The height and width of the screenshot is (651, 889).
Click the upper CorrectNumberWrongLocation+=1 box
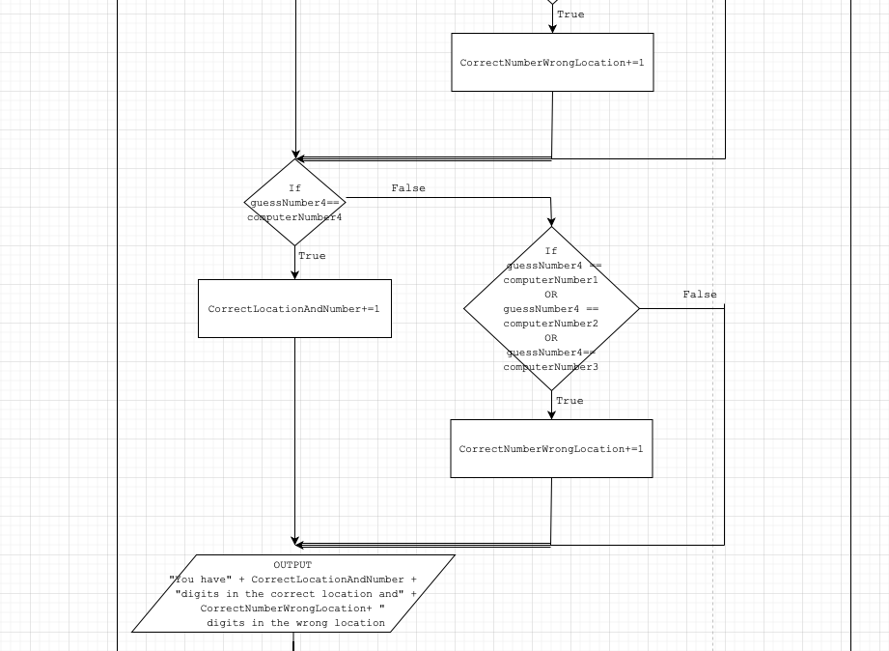(x=552, y=63)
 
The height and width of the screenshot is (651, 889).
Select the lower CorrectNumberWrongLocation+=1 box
(x=551, y=449)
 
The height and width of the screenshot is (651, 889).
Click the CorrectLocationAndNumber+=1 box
(x=294, y=309)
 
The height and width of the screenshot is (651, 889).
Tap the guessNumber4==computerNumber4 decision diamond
(x=294, y=203)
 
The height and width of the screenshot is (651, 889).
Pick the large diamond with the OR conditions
(x=551, y=309)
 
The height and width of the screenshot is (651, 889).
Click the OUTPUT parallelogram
(x=293, y=594)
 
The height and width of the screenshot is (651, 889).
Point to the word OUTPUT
(x=292, y=565)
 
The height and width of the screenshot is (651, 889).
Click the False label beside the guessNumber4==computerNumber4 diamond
(x=408, y=188)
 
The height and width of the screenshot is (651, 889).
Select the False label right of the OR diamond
(x=700, y=295)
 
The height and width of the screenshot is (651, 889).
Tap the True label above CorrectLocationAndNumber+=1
(x=312, y=256)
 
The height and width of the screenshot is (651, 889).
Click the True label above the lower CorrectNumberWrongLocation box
(x=570, y=401)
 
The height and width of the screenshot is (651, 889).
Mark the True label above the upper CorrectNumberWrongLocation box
(x=570, y=14)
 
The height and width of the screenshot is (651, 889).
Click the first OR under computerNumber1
(x=551, y=295)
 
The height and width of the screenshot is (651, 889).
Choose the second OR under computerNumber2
(x=551, y=338)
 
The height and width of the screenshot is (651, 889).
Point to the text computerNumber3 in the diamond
(x=551, y=367)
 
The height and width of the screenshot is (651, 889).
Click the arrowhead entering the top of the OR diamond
(x=551, y=222)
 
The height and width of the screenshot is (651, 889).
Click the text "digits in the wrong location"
(x=295, y=623)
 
